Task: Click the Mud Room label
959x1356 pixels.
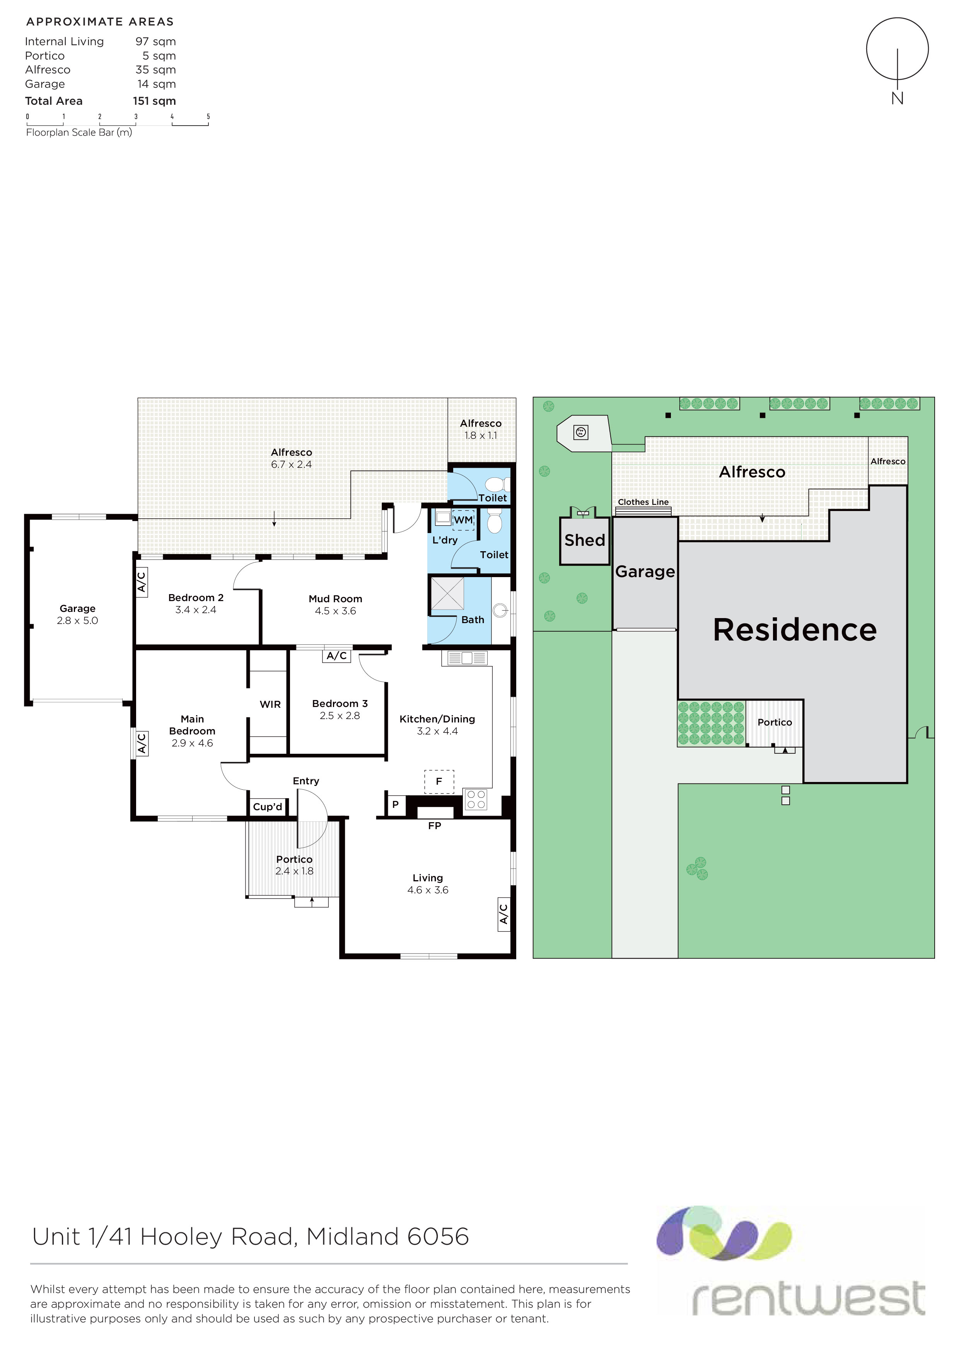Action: tap(335, 599)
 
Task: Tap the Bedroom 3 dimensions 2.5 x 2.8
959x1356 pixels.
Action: tap(340, 716)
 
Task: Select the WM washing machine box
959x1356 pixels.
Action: tap(463, 520)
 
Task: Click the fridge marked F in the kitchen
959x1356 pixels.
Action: tap(439, 781)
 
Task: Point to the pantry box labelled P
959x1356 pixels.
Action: tap(395, 804)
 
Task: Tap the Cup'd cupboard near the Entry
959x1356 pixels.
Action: tap(268, 807)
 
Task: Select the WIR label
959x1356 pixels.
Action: tap(270, 705)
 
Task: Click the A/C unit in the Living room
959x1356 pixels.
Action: tap(503, 914)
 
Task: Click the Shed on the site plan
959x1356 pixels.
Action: tap(584, 540)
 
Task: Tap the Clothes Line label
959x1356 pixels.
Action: tap(643, 502)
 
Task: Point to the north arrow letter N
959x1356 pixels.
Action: tap(897, 98)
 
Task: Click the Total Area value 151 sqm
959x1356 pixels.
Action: tap(154, 101)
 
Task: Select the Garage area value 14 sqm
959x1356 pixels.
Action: tap(157, 84)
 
